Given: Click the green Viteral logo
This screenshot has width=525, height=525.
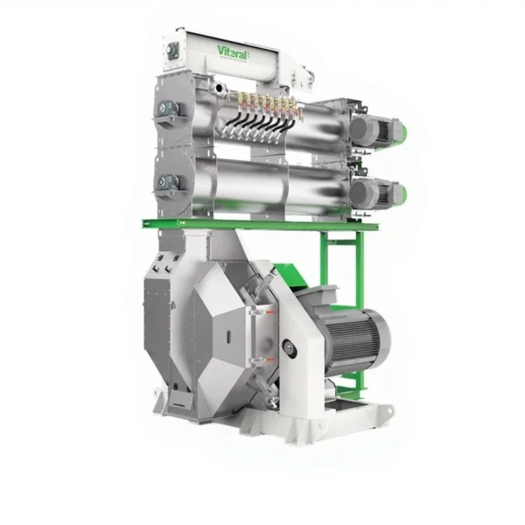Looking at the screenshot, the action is click(x=233, y=52).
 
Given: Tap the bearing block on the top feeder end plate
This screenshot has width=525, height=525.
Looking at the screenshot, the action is click(x=172, y=52).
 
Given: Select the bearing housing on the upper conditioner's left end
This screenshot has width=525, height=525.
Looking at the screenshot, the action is click(x=167, y=109).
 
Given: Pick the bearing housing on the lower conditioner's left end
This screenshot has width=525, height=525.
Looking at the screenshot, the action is click(x=167, y=183).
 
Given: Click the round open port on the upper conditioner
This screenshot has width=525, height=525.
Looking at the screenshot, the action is click(x=219, y=88).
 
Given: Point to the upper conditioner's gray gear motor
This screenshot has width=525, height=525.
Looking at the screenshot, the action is click(x=373, y=129).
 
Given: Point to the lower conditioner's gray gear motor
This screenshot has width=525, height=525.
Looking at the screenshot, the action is click(x=373, y=192).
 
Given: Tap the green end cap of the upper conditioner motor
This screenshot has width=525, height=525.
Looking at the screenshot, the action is click(x=403, y=131).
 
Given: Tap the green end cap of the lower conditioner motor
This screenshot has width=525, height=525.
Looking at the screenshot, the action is click(x=403, y=194).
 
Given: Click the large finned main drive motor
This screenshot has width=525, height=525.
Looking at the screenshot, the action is click(x=352, y=341).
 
